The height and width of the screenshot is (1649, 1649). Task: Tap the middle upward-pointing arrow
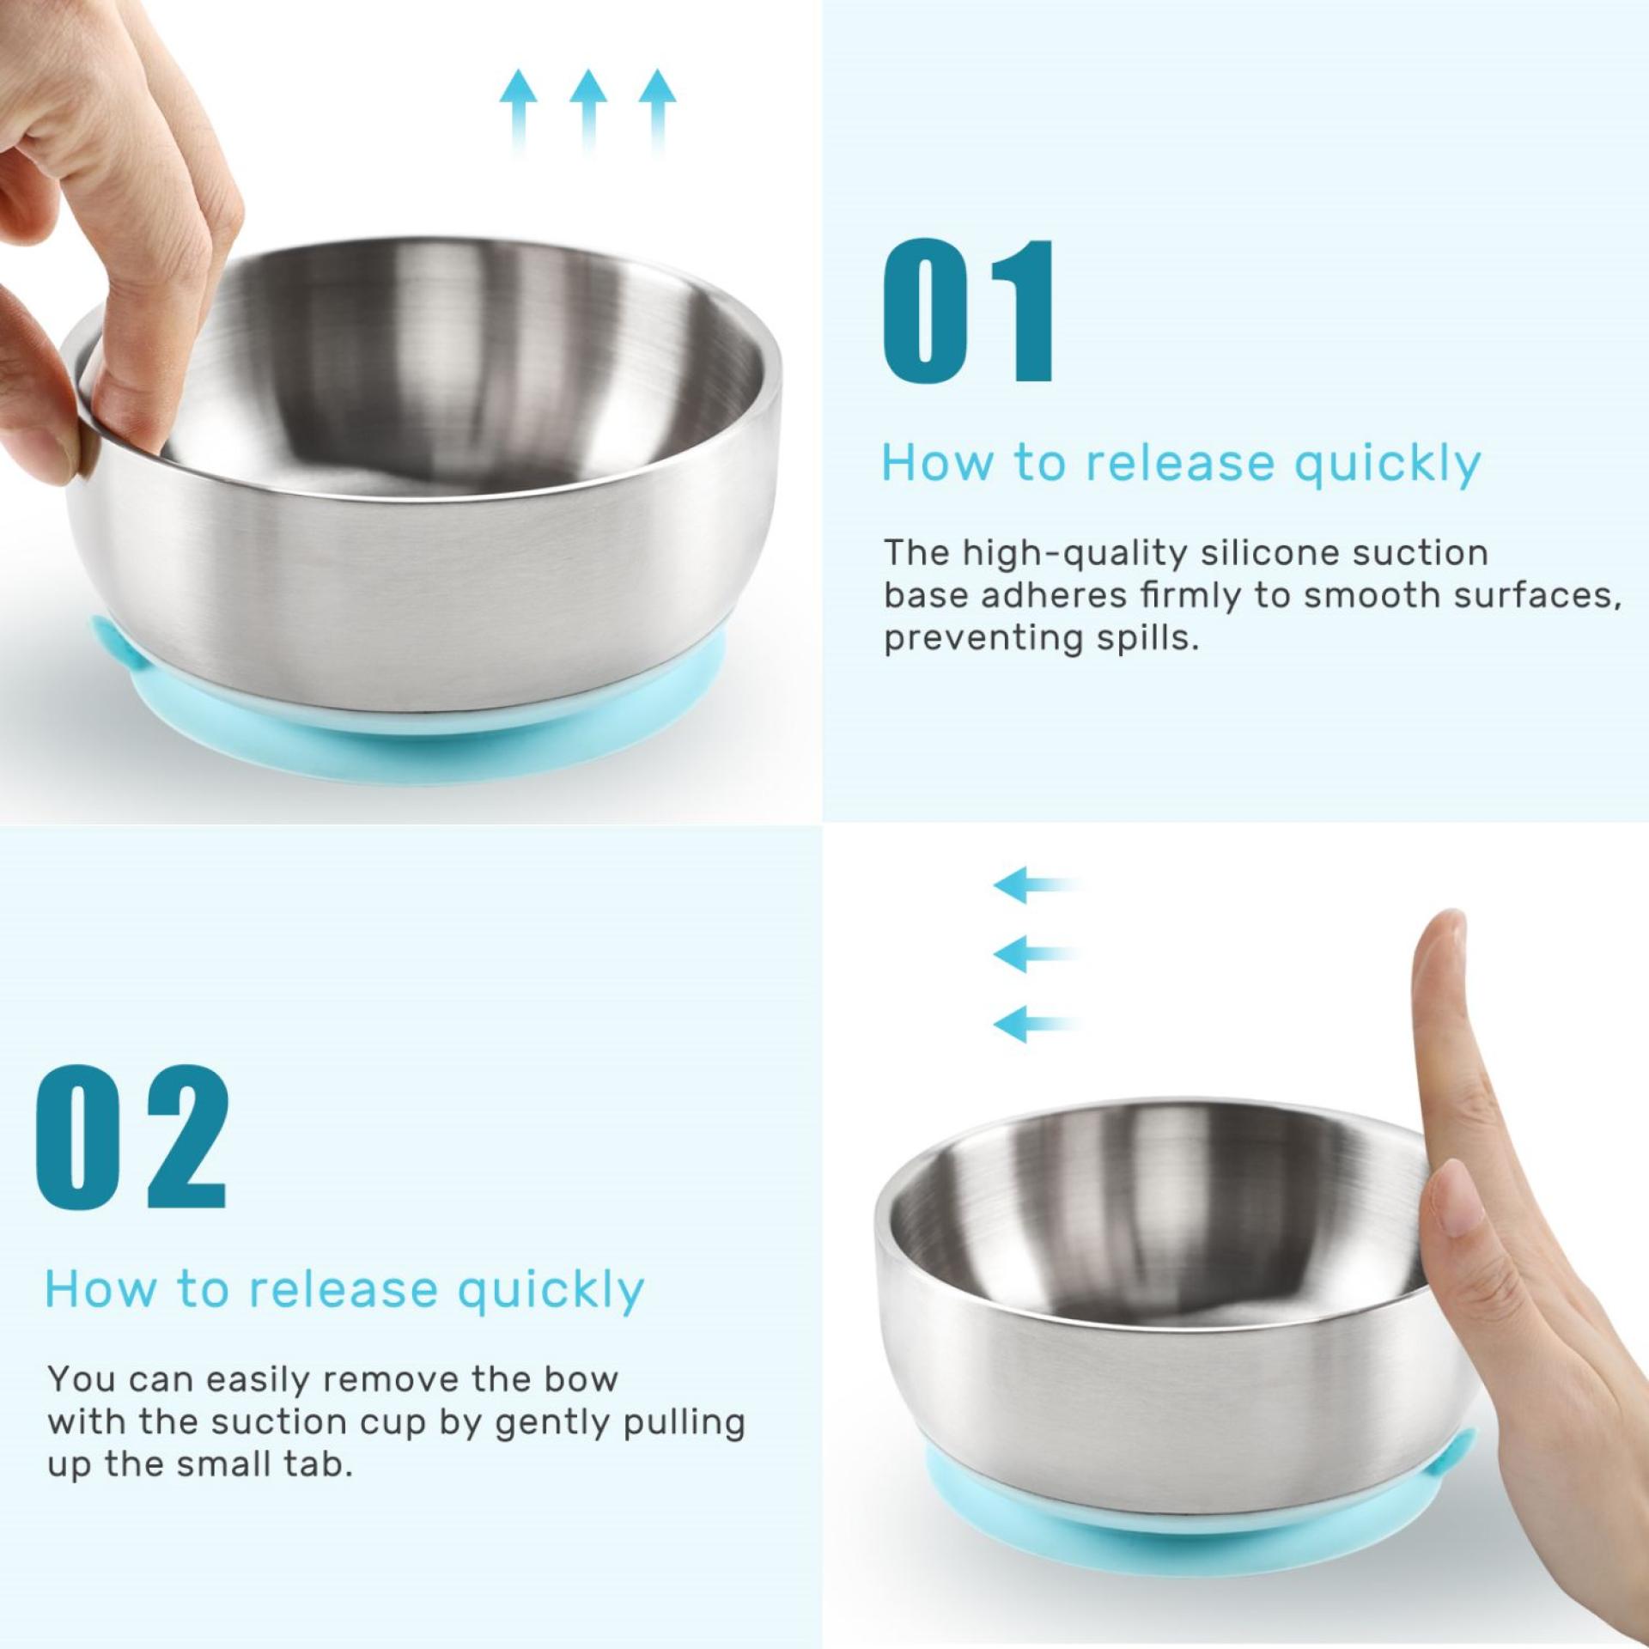[588, 113]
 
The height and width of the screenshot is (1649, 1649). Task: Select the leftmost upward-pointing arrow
[519, 113]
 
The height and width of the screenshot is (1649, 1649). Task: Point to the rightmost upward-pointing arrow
[657, 113]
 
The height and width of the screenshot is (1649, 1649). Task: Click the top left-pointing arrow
[1036, 885]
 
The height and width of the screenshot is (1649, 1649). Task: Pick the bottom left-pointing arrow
[1036, 1023]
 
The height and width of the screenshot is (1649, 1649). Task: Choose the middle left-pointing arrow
[1036, 953]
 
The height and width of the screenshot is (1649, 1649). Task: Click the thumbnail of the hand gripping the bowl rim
[103, 223]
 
